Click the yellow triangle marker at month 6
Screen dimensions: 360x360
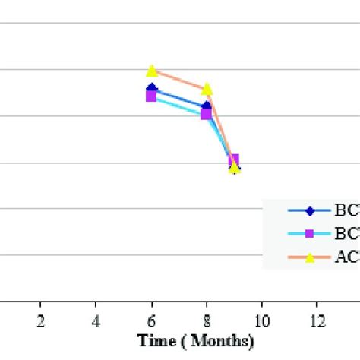point(152,71)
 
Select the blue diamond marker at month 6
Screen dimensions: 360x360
point(152,89)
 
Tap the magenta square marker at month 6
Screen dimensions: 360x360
point(152,96)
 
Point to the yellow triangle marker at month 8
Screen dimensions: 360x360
point(207,89)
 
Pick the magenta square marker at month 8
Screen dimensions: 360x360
point(206,114)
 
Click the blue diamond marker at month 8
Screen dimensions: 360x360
point(207,106)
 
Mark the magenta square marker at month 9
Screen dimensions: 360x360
point(234,159)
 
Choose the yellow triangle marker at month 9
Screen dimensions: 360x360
point(235,168)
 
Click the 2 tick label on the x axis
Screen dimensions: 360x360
point(40,320)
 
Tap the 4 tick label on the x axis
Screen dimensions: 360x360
point(96,320)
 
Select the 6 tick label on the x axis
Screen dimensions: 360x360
point(152,320)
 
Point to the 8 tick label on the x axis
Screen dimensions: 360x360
point(207,320)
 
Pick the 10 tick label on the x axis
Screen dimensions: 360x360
point(262,320)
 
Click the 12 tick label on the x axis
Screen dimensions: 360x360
point(317,320)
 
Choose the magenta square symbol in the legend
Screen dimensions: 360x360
point(309,233)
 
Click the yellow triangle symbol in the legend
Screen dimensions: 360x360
point(309,257)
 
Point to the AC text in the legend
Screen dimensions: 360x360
point(346,257)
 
